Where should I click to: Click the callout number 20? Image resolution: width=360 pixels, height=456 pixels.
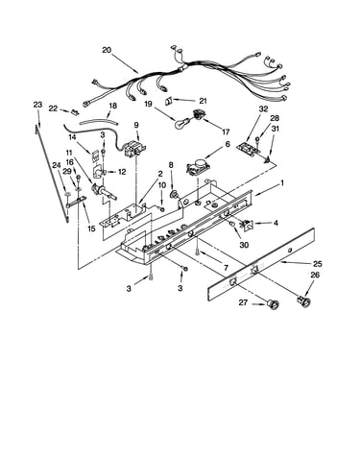(107, 50)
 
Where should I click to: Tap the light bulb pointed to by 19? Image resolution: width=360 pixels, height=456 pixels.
(182, 123)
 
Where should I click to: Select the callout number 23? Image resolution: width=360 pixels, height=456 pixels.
(37, 105)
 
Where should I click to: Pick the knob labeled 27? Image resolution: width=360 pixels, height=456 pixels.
(273, 304)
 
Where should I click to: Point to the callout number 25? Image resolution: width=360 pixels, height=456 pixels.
(318, 264)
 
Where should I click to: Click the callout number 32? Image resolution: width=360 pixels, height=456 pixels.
(263, 108)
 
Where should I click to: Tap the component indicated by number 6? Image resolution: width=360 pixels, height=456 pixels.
(198, 167)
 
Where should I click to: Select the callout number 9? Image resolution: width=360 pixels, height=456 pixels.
(136, 125)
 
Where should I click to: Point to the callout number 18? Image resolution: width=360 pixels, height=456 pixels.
(113, 106)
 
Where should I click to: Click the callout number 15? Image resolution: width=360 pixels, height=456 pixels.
(91, 228)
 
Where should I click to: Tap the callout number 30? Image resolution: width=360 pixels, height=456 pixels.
(244, 245)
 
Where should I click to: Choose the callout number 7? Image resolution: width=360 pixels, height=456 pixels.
(227, 267)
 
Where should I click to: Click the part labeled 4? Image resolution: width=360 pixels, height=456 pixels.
(246, 225)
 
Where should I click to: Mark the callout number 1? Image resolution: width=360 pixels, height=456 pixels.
(282, 183)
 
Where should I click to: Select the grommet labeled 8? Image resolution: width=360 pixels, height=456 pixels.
(175, 194)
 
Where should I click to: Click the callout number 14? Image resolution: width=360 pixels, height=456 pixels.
(72, 137)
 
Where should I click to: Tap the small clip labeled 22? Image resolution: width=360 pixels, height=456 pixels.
(75, 112)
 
